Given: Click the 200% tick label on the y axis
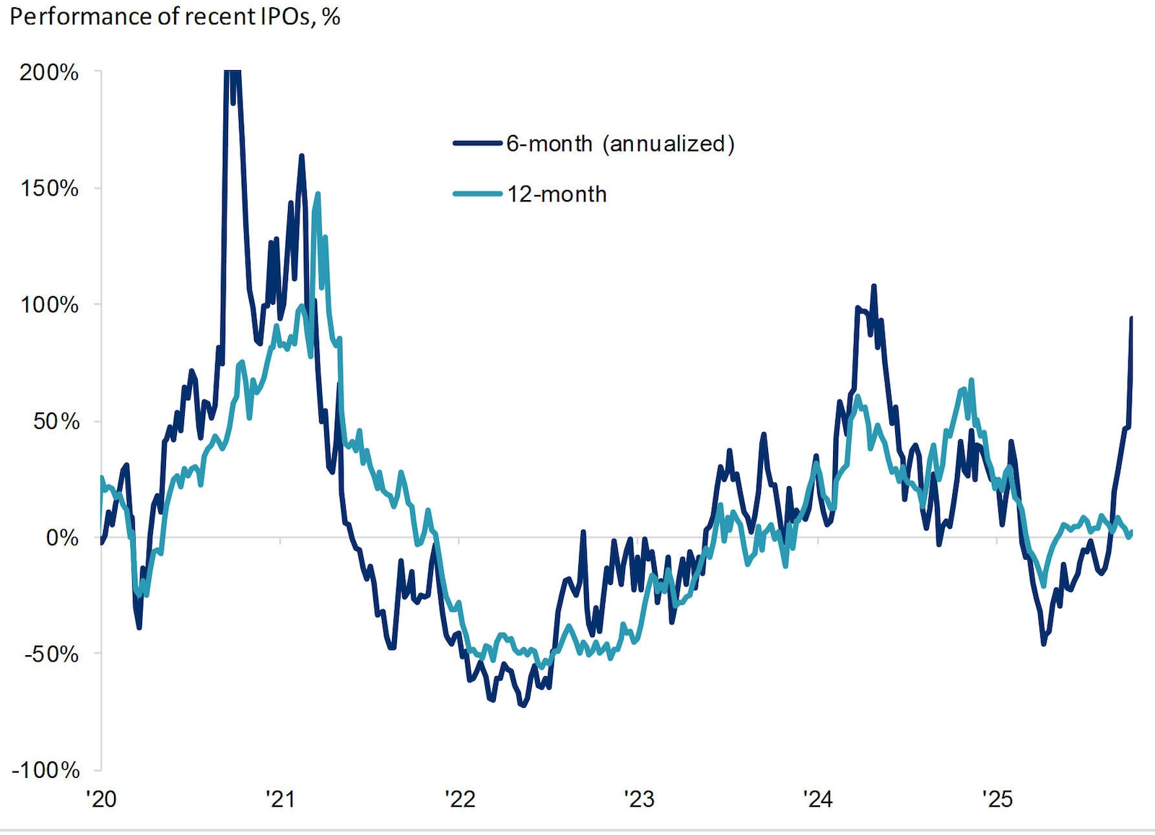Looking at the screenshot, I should (48, 72).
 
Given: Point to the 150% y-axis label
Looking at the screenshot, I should (48, 189).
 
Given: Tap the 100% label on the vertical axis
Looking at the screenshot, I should (48, 305).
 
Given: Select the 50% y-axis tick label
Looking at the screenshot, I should (56, 421).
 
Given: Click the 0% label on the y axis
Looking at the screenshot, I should (62, 537).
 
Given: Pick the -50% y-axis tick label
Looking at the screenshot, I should (51, 654).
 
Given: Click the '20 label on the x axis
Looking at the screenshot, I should (101, 799).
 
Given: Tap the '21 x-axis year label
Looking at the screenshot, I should (280, 799).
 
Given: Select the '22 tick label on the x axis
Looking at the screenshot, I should (460, 799).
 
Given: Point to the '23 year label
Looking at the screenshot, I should (639, 799).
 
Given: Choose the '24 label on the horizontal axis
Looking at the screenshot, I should (818, 799).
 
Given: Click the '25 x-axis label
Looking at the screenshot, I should (998, 799).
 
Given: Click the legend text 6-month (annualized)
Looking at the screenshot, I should (620, 144).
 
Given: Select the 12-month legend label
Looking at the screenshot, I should (557, 194).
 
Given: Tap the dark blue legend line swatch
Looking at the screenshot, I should (477, 144).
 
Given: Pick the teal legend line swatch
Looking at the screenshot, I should (477, 194).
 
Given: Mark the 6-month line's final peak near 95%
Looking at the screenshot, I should (1131, 318).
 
